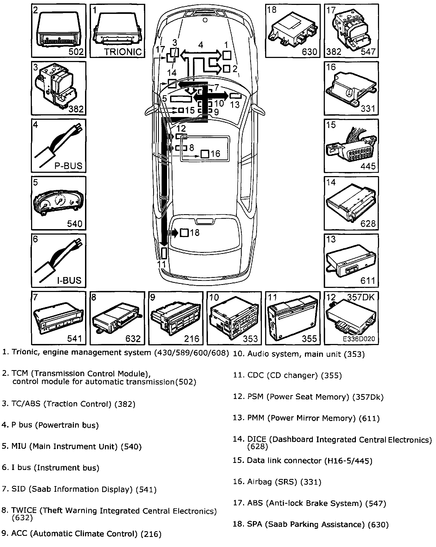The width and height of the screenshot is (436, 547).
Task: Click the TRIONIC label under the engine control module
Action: click(123, 52)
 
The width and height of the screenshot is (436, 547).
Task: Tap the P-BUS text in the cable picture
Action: click(68, 166)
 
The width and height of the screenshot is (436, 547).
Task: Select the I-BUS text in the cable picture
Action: click(69, 280)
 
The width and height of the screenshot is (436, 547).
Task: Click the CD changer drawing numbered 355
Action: click(292, 317)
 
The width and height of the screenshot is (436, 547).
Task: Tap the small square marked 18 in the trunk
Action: click(184, 233)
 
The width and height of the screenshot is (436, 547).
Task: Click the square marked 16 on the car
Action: click(205, 154)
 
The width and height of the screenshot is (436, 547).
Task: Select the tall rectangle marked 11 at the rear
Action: click(164, 253)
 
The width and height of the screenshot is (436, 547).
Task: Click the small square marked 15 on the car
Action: click(181, 110)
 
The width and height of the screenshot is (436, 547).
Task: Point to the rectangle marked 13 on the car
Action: click(236, 96)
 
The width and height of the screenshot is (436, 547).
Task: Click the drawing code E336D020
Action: click(359, 339)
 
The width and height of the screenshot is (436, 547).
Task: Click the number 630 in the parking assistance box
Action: click(310, 51)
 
